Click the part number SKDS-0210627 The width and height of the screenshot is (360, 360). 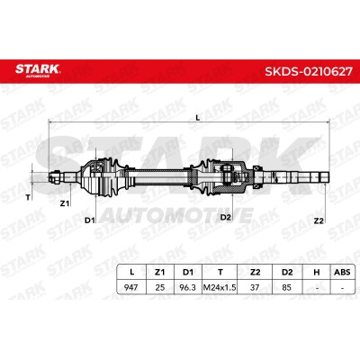coord(308,71)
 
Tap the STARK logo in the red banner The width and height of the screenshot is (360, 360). coord(38,69)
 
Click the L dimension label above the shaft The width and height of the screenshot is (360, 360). coord(198,118)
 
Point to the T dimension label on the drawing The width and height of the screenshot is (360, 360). coord(28,197)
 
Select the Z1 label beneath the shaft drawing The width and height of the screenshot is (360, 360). coord(65,203)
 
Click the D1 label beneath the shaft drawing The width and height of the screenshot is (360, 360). coord(89,220)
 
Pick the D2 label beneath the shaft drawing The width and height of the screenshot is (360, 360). coord(225,217)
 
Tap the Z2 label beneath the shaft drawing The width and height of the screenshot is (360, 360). coord(319,220)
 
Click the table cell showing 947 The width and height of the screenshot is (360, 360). coord(131,287)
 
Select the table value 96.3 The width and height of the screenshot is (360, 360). coord(187,287)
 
